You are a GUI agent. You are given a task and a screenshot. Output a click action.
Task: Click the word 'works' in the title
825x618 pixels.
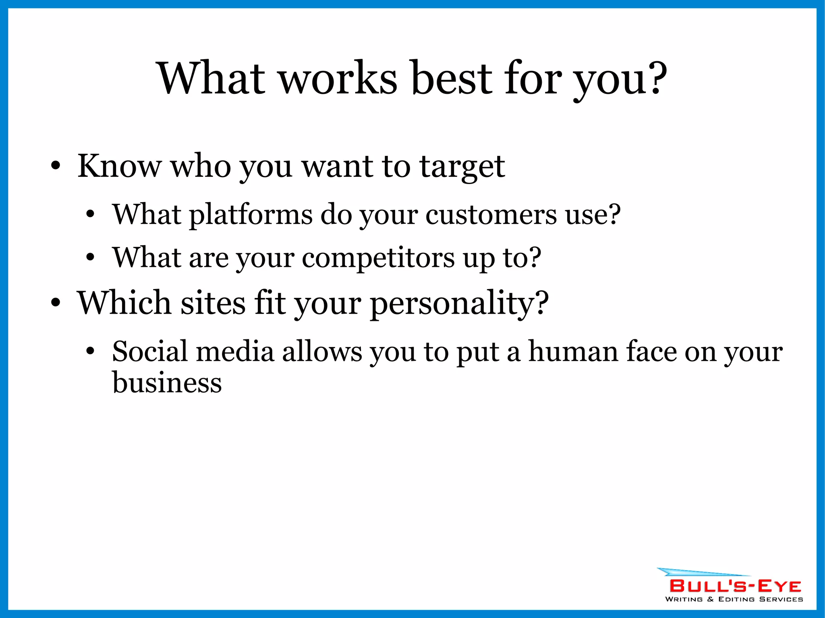[338, 78]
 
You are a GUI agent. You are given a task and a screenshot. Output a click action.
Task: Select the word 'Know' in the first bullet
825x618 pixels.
[119, 166]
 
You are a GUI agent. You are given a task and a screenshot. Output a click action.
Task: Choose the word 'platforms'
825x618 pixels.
[251, 215]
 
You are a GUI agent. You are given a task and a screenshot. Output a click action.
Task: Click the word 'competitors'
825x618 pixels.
[378, 258]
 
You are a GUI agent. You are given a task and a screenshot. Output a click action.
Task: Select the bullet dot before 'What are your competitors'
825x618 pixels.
[90, 258]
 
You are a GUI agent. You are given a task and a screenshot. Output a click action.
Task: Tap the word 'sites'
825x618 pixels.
[212, 303]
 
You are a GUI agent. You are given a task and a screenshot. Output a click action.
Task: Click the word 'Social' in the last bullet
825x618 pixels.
[150, 351]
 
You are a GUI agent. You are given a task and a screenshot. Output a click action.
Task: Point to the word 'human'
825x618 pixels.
[573, 351]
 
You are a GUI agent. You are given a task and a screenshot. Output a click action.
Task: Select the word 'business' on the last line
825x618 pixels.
[167, 382]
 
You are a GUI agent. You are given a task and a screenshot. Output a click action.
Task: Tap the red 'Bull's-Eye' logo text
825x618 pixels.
[735, 586]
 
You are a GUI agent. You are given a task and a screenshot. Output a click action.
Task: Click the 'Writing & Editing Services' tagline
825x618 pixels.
[734, 599]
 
